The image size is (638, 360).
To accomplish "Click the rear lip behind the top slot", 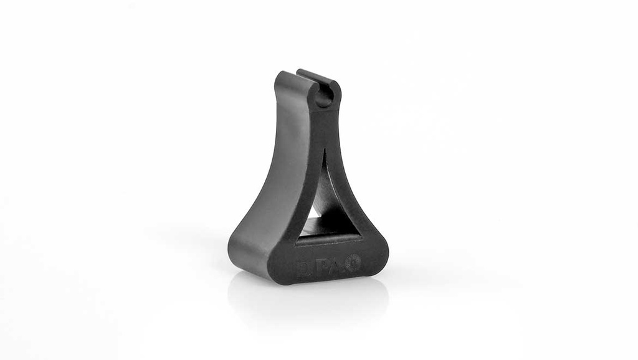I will tap(318, 77).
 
